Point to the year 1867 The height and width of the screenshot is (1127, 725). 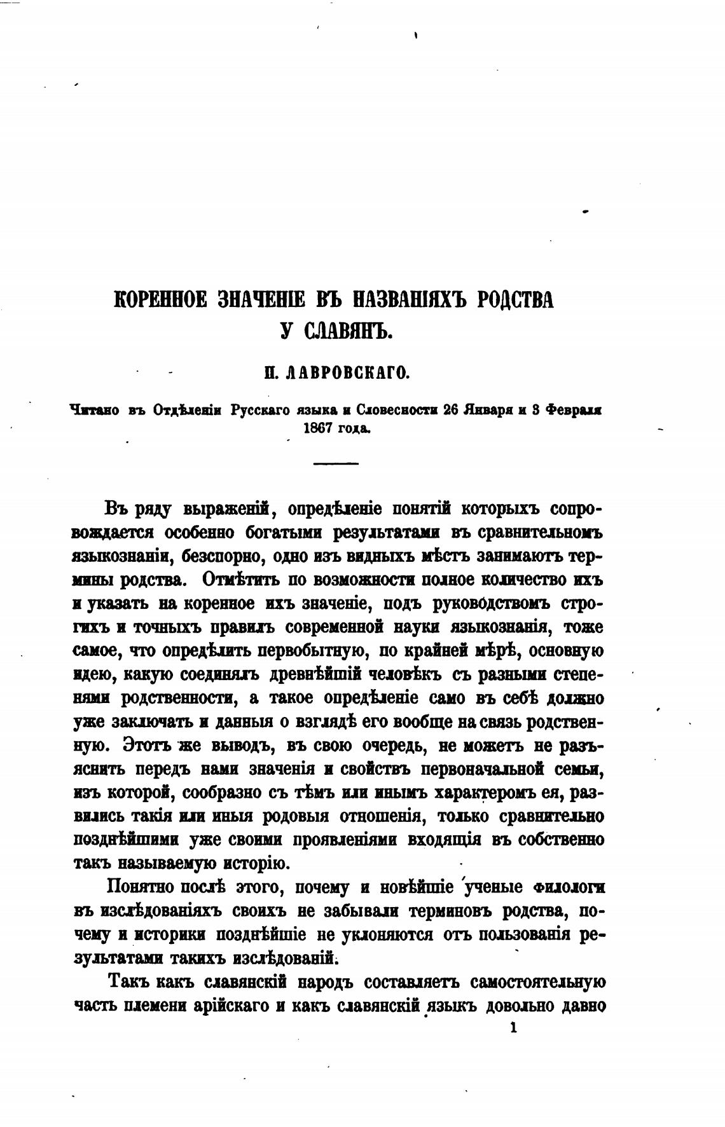[320, 428]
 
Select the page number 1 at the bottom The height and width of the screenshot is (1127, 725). [513, 1027]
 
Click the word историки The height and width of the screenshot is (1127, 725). [169, 935]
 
